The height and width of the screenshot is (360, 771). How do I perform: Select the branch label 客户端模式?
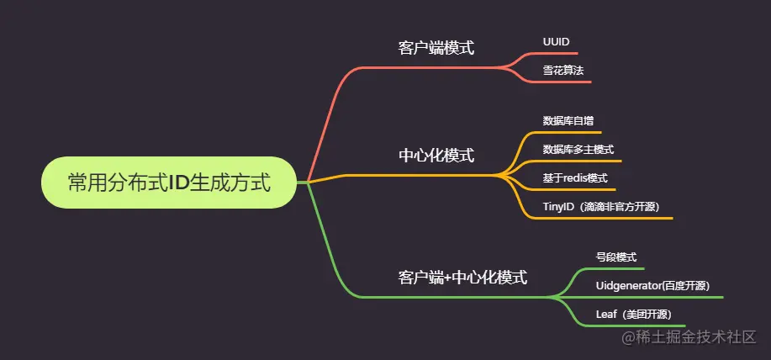pos(436,48)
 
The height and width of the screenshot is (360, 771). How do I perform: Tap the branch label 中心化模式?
pos(436,156)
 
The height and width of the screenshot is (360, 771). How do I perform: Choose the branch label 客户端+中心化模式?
pos(462,277)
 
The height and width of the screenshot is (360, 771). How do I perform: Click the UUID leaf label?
pos(556,40)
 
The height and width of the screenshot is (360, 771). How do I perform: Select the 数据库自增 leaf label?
pos(568,121)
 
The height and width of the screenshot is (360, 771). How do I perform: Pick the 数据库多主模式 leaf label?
pos(578,150)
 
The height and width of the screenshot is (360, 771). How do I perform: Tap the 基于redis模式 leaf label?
pos(575,178)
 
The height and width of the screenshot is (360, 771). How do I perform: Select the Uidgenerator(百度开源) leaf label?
pos(652,286)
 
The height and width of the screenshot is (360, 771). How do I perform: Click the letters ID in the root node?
pos(178,183)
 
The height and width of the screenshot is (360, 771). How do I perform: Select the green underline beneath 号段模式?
pos(615,269)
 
